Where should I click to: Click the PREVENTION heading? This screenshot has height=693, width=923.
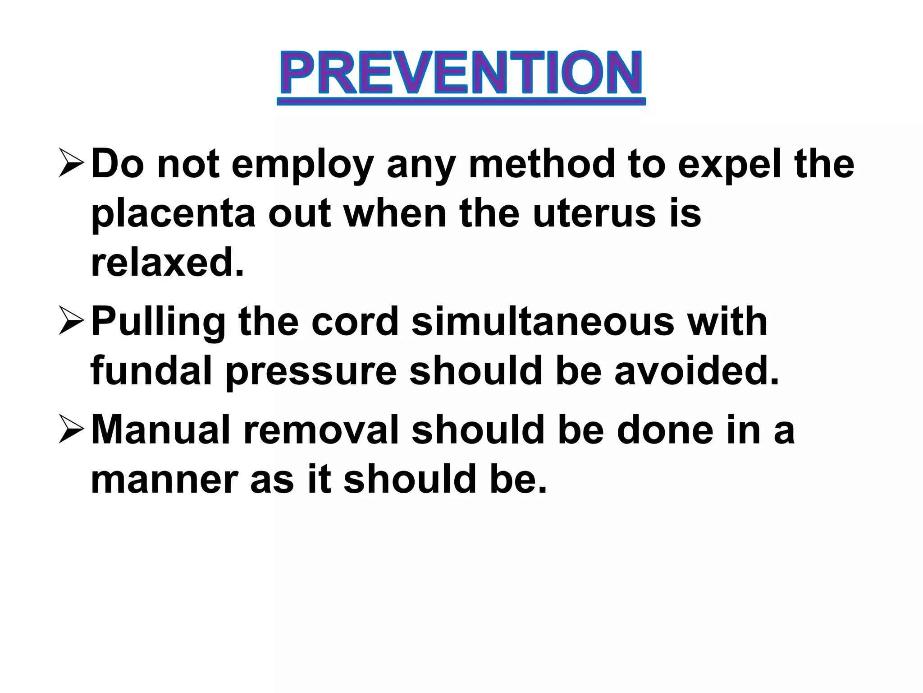click(x=461, y=73)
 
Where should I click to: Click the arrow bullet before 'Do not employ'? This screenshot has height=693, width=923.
click(x=71, y=164)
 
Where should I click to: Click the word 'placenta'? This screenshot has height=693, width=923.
click(x=174, y=215)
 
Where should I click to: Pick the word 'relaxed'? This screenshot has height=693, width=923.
click(x=167, y=263)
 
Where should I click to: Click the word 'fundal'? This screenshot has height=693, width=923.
click(x=151, y=371)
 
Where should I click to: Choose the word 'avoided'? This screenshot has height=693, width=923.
click(x=697, y=371)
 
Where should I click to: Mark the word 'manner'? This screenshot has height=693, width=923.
click(x=164, y=480)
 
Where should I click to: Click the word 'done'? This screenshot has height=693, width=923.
click(x=665, y=430)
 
